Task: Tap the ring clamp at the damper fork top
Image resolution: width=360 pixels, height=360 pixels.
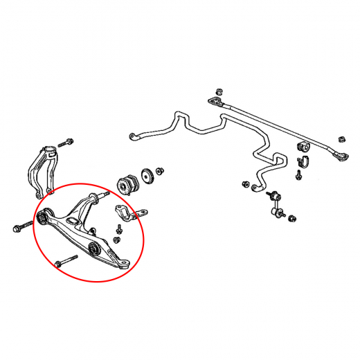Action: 50,150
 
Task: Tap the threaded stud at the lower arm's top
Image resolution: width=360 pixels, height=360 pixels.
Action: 104,197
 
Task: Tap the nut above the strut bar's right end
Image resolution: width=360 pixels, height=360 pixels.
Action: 342,132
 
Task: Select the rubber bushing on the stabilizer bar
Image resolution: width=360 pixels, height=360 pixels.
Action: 303,147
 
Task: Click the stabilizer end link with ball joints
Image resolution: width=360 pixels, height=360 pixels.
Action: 274,202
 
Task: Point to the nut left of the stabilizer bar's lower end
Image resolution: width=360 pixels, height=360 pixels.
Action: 245,184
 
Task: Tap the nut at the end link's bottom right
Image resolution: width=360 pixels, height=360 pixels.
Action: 294,219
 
